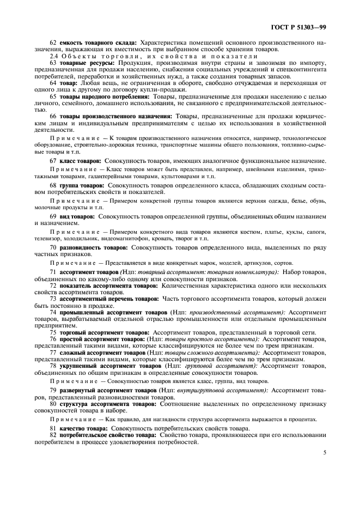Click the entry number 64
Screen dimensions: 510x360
pos(53,83)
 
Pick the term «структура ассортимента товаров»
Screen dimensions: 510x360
pos(103,405)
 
